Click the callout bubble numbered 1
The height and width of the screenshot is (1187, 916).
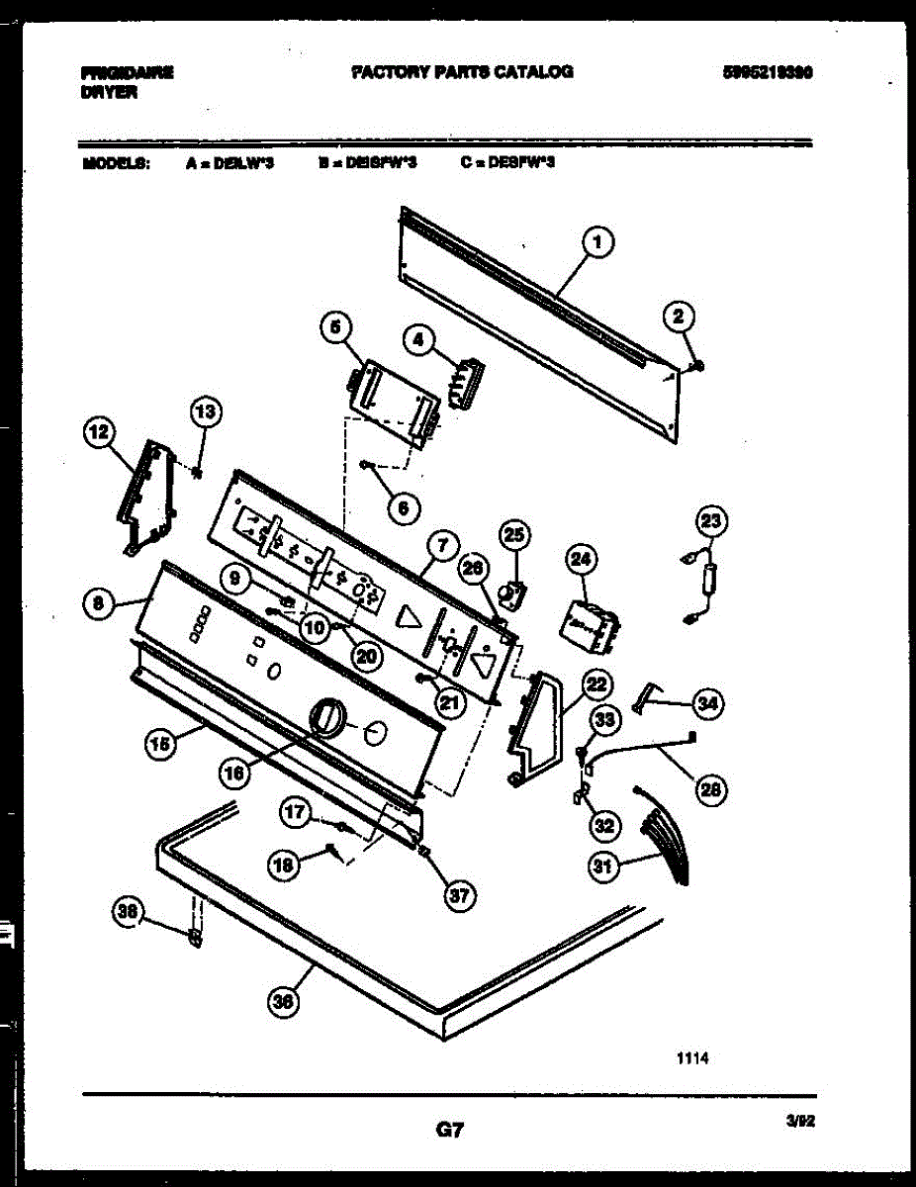tap(598, 240)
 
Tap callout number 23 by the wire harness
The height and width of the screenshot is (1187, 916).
tap(711, 521)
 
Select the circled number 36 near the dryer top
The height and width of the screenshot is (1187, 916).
tap(283, 1002)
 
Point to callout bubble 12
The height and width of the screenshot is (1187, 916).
tap(98, 432)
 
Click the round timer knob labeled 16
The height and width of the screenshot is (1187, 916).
tap(325, 717)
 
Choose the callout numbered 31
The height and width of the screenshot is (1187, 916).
tap(601, 867)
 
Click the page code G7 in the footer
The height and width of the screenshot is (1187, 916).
tap(450, 1129)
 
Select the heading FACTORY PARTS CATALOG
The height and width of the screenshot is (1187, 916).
tap(462, 72)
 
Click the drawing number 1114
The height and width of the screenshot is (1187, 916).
tap(692, 1057)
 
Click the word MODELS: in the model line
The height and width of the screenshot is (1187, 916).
tap(116, 163)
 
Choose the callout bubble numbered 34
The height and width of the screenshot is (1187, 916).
tap(706, 704)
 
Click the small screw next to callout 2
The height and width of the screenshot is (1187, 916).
tap(698, 367)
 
